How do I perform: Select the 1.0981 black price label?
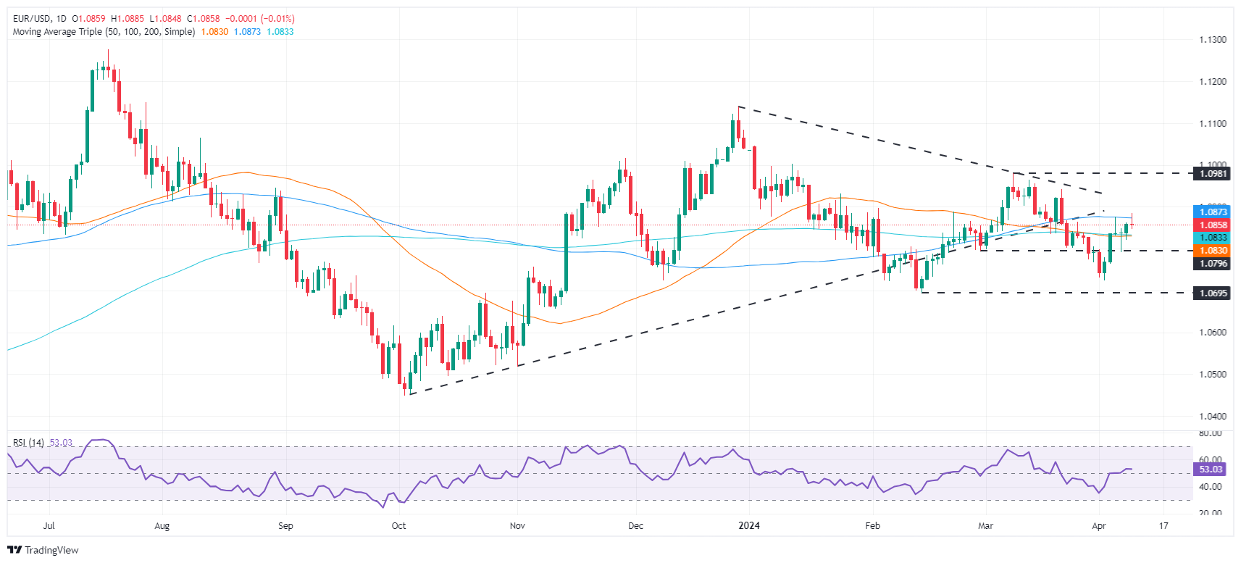[x=1213, y=174]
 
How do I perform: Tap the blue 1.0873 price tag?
[x=1213, y=212]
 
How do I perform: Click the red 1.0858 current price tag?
[x=1213, y=225]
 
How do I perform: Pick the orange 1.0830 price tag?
[x=1213, y=251]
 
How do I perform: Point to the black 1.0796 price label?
[x=1213, y=264]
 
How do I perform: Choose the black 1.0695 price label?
[x=1213, y=293]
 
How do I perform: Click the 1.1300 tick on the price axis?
[x=1213, y=40]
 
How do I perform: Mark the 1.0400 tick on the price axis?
[x=1213, y=417]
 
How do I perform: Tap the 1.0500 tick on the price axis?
[x=1213, y=375]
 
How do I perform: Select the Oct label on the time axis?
[x=398, y=526]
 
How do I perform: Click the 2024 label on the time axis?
[x=748, y=526]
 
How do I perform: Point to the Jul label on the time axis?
[x=49, y=526]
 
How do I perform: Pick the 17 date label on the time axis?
[x=1163, y=526]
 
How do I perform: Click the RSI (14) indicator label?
[x=28, y=443]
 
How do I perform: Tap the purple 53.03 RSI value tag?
[x=1210, y=470]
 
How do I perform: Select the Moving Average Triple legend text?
[x=104, y=32]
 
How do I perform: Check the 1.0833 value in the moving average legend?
[x=280, y=32]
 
